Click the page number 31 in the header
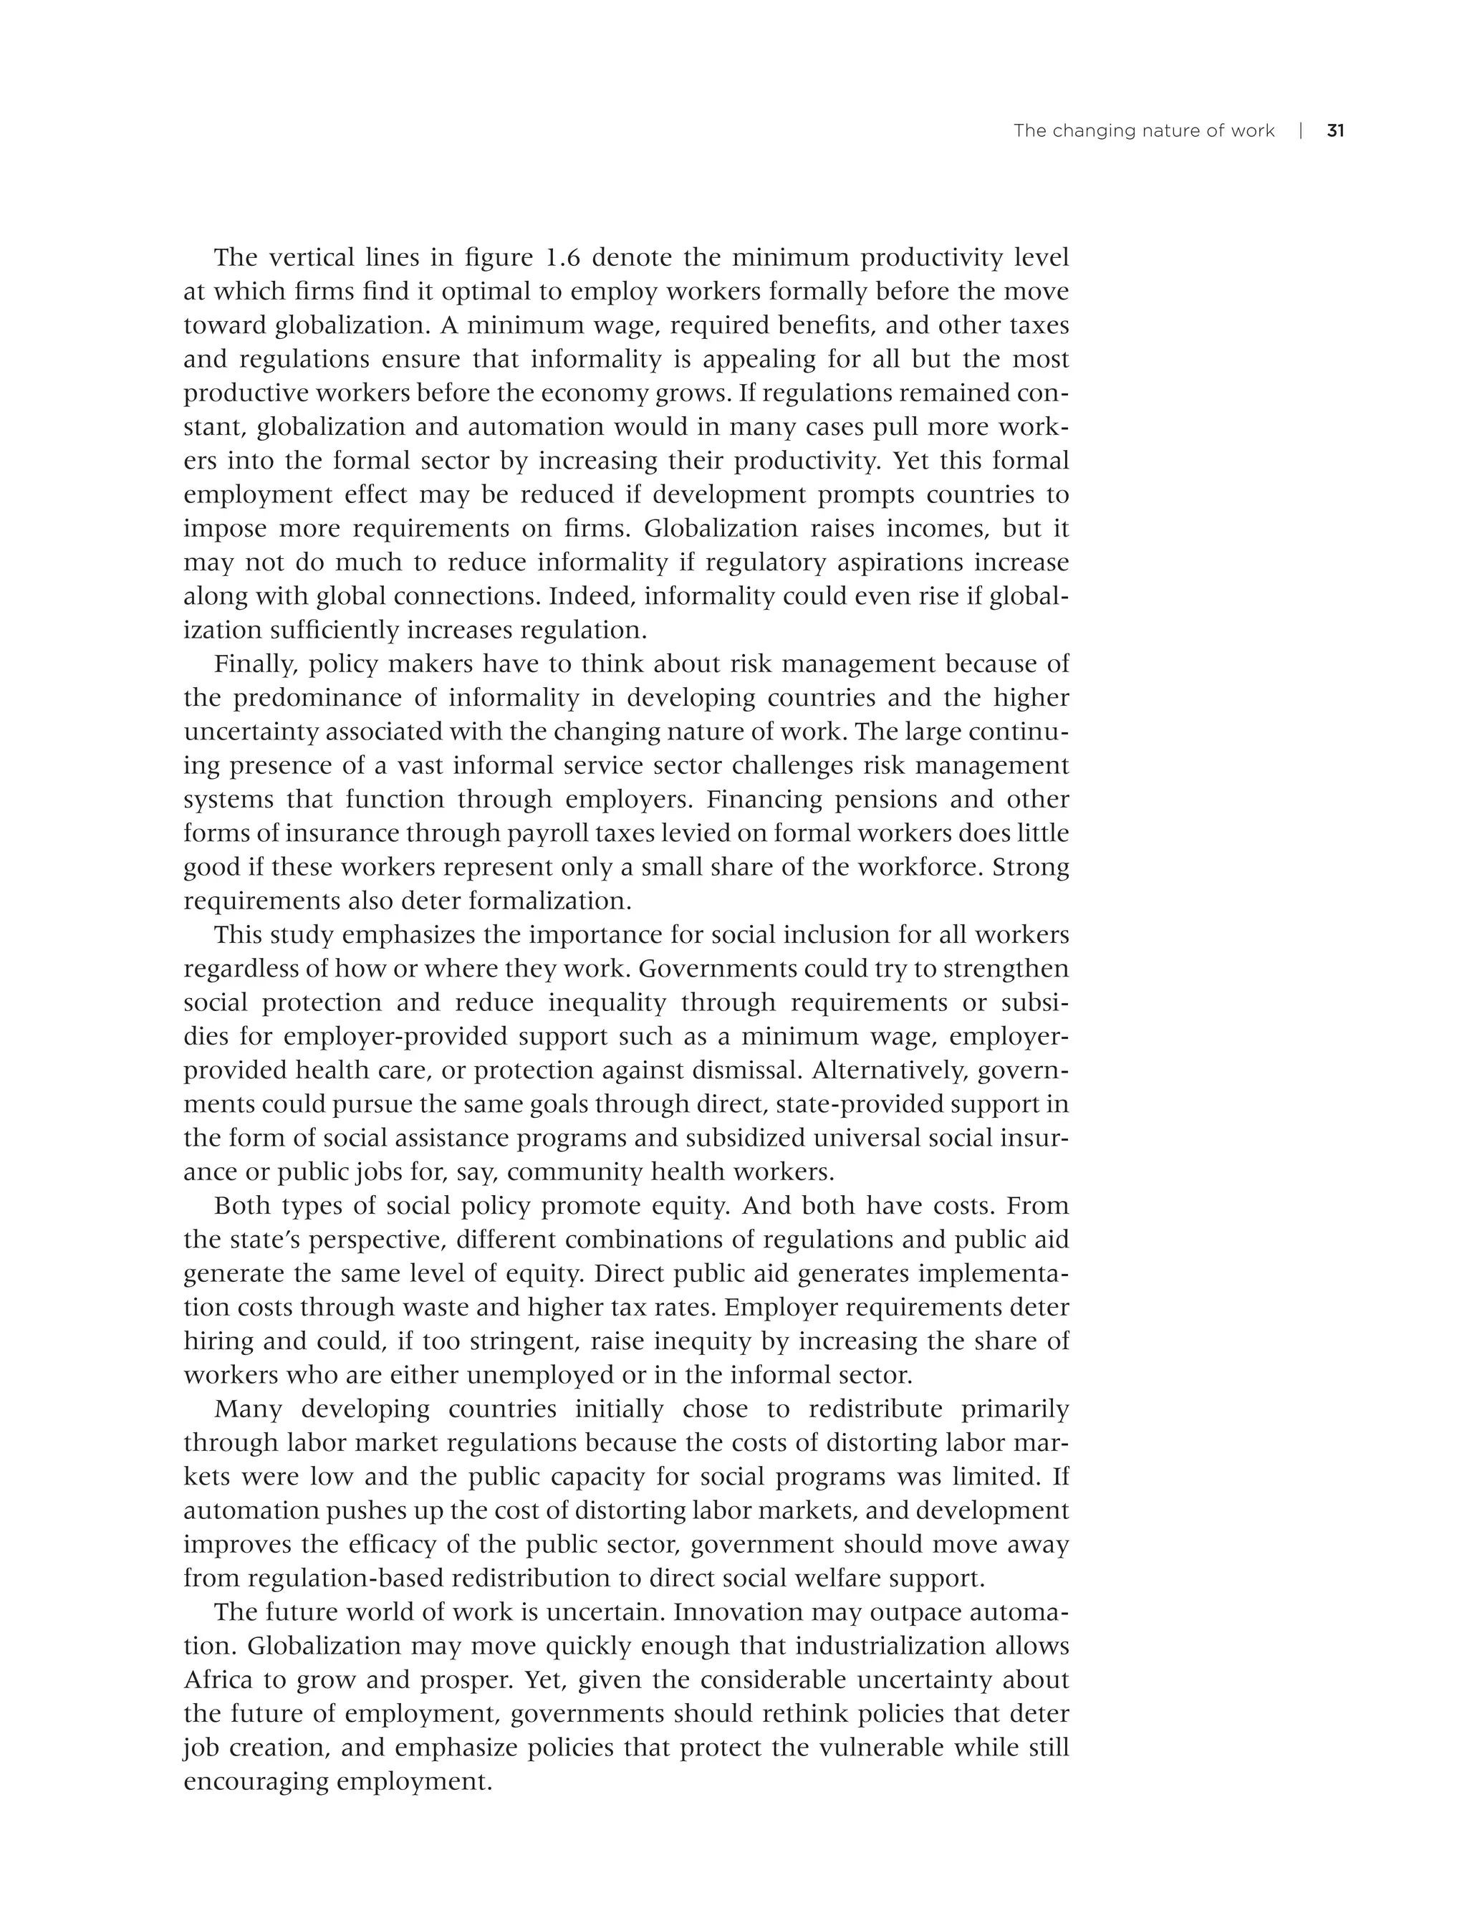pos(1335,131)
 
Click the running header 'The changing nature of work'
pos(1143,131)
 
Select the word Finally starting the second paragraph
pos(256,665)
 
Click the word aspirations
pos(900,562)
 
